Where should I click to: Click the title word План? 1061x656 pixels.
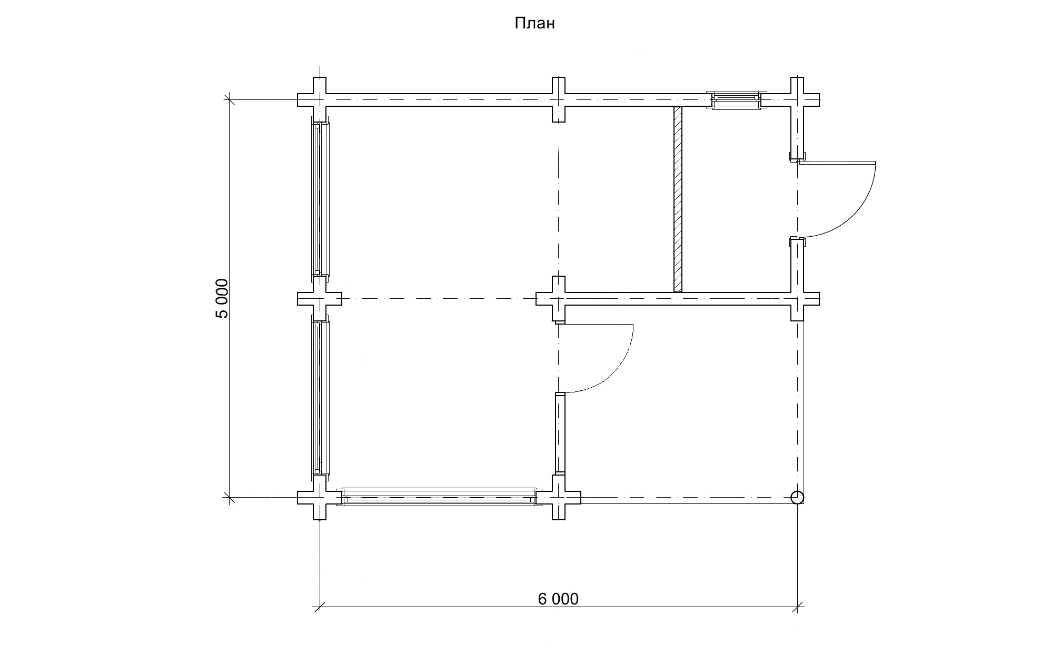click(x=534, y=24)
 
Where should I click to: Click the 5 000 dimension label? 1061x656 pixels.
click(x=222, y=298)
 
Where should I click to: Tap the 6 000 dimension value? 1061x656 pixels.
click(x=558, y=599)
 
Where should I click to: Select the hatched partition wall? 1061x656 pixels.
click(x=678, y=199)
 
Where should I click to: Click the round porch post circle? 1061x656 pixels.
click(x=797, y=497)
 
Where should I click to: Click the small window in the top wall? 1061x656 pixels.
click(x=736, y=100)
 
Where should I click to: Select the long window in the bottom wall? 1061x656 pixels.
click(x=439, y=497)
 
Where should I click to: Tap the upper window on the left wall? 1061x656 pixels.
click(x=320, y=199)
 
